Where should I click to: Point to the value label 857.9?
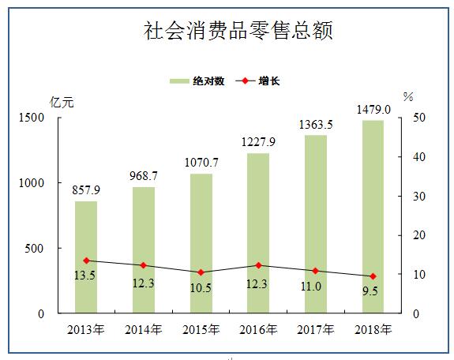point(86,189)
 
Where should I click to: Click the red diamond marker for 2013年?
point(86,261)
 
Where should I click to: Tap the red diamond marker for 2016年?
point(258,265)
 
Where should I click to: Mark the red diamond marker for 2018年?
point(373,276)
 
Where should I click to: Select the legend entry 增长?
point(258,81)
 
